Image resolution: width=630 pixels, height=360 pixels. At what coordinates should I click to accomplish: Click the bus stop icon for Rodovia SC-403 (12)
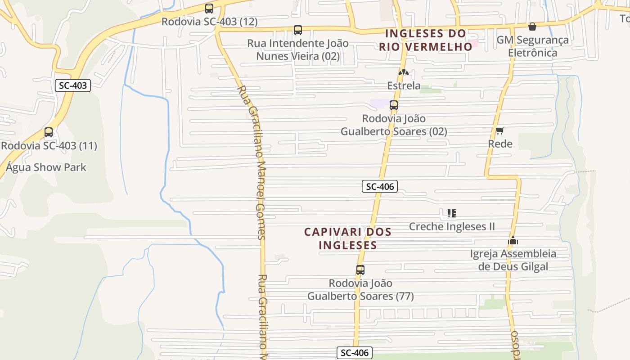209,8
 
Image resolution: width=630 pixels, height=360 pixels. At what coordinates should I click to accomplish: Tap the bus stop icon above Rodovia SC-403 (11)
49,132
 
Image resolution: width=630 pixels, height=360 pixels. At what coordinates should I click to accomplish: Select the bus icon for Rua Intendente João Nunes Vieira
298,30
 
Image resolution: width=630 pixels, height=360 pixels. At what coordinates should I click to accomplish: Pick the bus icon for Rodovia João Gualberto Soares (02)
394,105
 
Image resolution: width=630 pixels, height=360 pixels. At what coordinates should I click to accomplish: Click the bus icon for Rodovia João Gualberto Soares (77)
360,270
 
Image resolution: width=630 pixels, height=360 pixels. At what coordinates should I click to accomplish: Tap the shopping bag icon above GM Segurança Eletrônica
532,27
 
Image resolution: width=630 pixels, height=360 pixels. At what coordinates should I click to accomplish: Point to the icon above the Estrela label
404,72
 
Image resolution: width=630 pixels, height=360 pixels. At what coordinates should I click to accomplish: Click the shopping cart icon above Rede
500,130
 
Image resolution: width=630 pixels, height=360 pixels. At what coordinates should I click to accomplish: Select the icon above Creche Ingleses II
452,213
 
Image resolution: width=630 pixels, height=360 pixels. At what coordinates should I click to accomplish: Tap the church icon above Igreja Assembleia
513,240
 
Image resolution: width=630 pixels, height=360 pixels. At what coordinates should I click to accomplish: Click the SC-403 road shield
73,85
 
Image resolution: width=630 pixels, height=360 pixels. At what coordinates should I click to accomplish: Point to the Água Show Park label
46,167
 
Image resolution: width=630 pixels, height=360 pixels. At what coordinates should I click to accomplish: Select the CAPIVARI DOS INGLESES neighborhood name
347,238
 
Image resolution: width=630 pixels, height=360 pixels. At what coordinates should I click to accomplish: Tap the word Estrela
404,85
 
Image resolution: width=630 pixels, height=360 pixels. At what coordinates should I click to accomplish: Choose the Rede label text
500,144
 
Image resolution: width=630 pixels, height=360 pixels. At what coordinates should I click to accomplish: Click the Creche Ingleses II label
452,226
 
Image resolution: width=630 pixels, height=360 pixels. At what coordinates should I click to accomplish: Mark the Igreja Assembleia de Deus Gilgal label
513,260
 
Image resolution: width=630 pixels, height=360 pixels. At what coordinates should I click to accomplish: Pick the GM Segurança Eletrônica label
532,46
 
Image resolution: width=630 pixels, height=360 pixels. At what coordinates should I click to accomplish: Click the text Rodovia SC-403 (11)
49,146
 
